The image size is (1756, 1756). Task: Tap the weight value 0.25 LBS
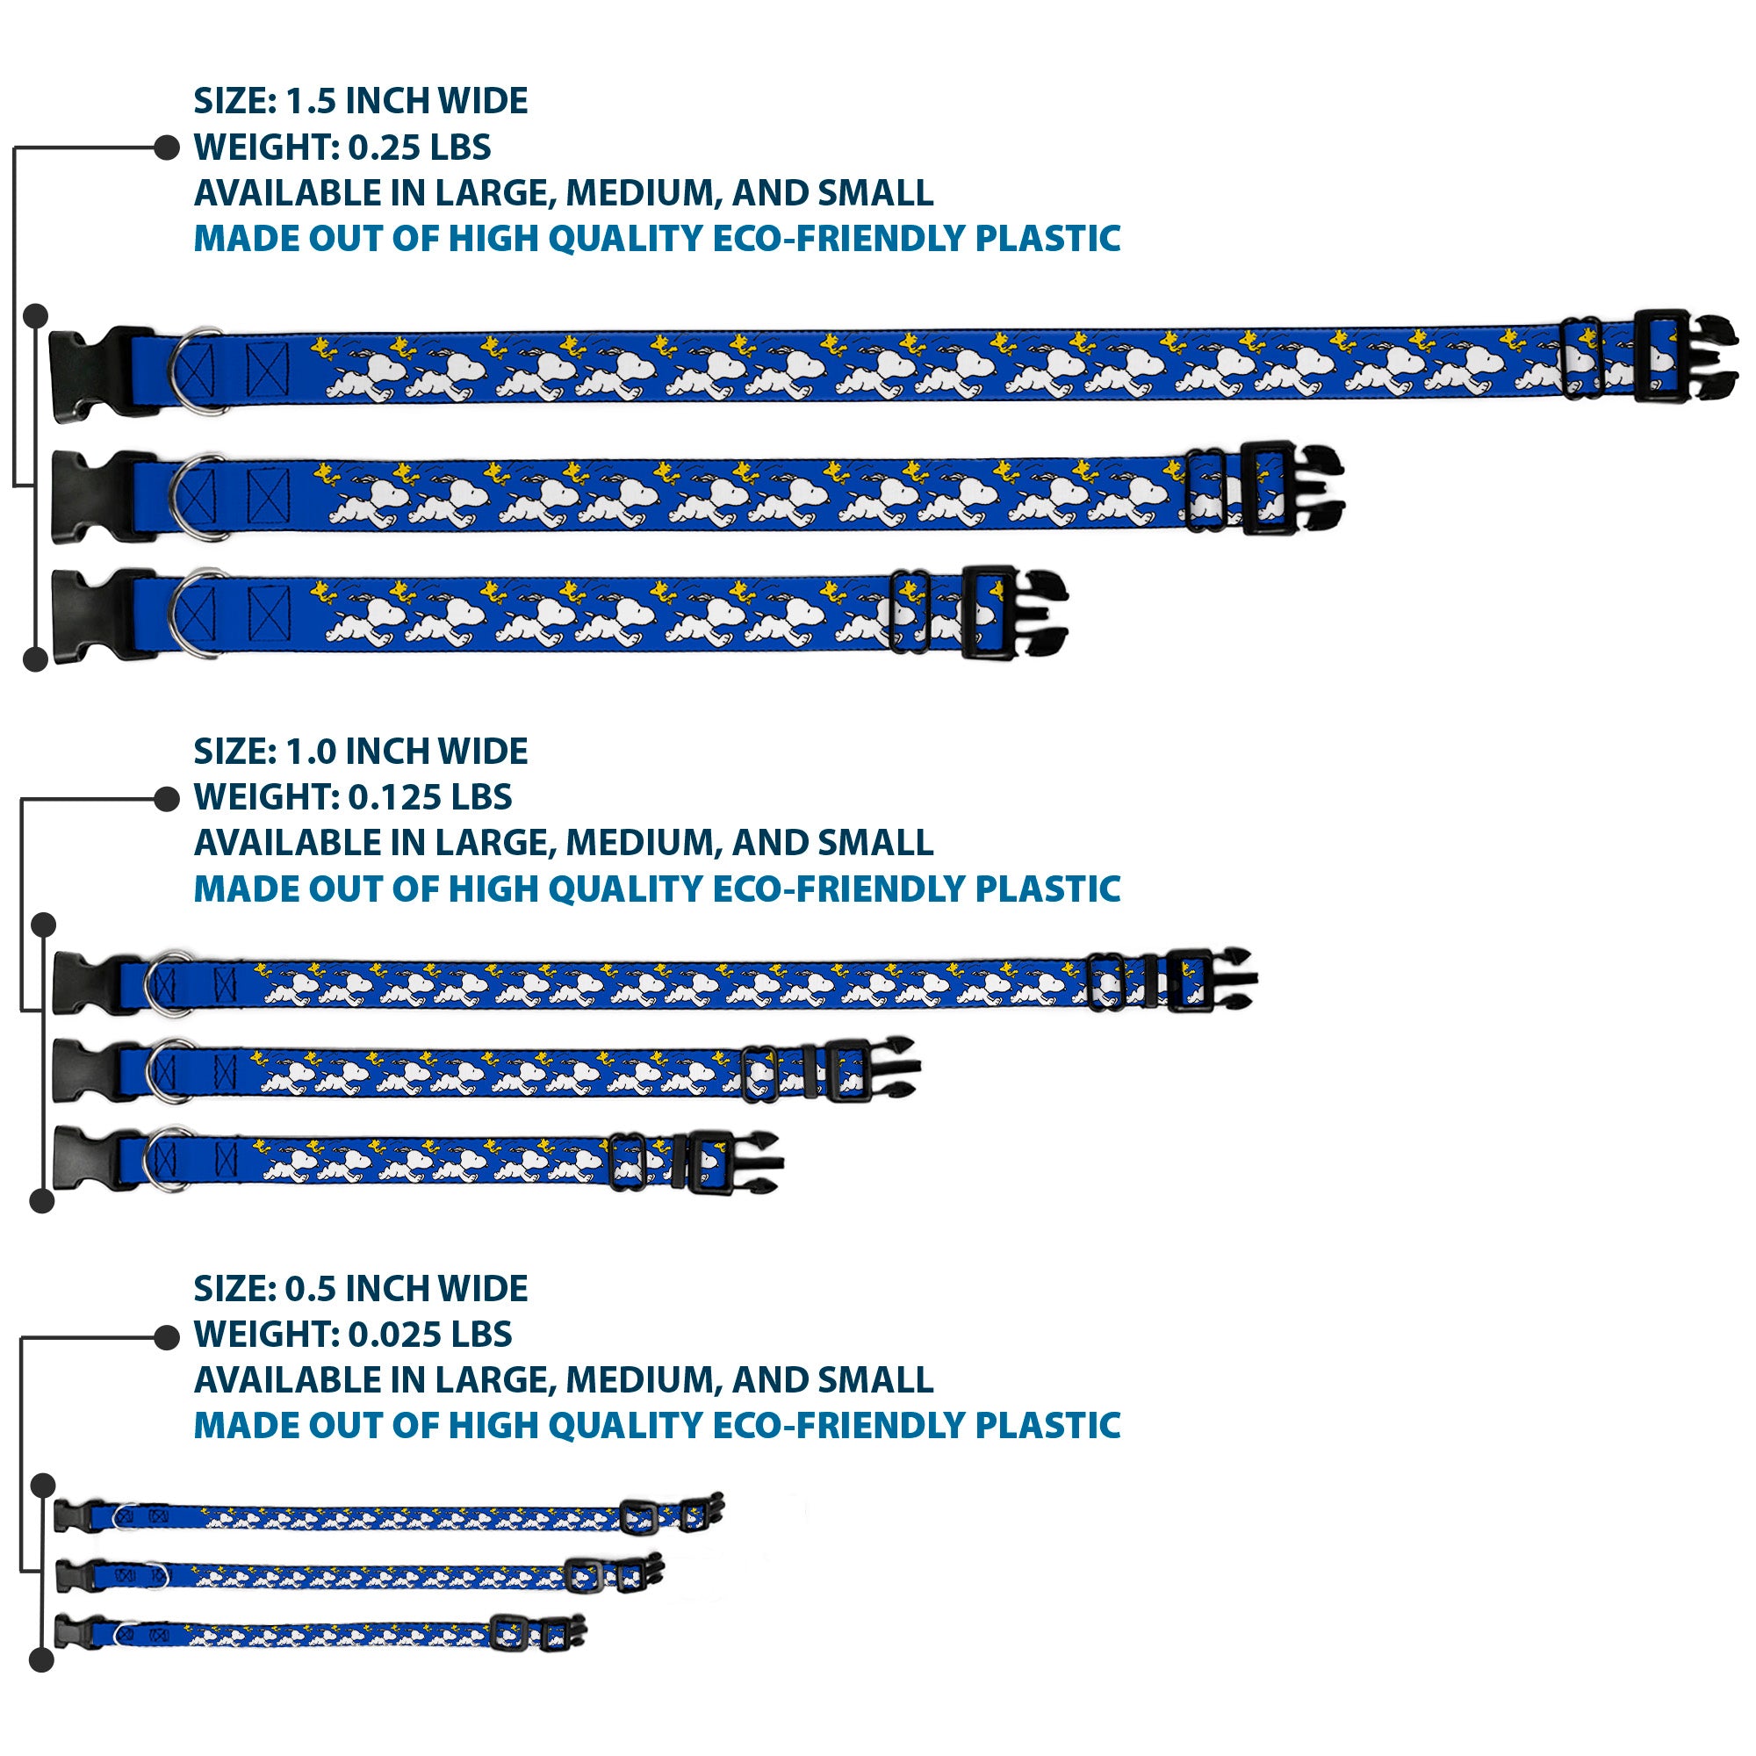tap(419, 148)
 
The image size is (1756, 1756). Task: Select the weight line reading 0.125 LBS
tap(430, 797)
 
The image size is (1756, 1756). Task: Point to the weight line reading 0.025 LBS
tap(430, 1335)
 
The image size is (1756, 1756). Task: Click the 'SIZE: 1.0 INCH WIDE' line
tap(360, 752)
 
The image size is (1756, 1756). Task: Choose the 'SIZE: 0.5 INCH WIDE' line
tap(360, 1289)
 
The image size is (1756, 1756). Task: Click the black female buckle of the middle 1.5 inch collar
tap(91, 496)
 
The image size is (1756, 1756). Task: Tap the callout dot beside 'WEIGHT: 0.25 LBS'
tap(166, 148)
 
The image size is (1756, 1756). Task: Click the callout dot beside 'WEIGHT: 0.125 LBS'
tap(166, 799)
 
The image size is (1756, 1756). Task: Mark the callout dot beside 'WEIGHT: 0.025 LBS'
tap(166, 1337)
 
